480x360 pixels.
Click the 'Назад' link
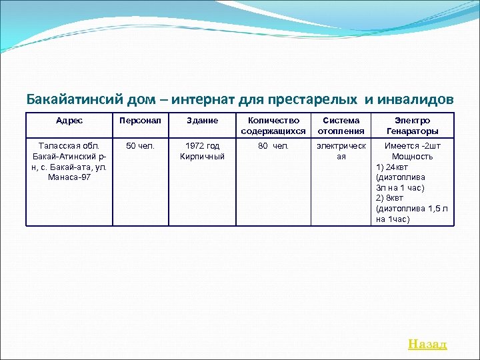(427, 344)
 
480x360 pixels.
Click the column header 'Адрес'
(69, 121)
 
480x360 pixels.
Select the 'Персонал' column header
(140, 121)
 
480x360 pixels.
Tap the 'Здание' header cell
(202, 121)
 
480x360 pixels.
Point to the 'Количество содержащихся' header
(273, 125)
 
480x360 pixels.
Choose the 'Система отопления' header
(341, 125)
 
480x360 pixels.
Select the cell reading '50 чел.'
(140, 146)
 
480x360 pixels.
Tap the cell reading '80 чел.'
(273, 146)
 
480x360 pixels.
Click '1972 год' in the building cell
(202, 146)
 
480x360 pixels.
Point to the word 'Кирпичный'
(202, 157)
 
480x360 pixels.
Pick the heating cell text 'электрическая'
(341, 151)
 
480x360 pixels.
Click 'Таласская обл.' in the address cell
(69, 146)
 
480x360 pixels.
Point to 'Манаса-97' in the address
(69, 177)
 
